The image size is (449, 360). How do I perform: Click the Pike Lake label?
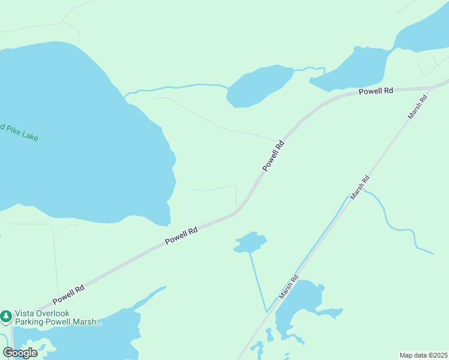point(19,133)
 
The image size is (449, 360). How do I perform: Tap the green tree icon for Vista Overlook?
point(6,316)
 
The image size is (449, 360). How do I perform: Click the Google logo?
point(20,352)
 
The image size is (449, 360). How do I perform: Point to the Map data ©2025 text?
point(423,355)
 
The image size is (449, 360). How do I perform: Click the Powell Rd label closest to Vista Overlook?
point(68,293)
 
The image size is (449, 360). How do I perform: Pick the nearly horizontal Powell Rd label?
point(376,91)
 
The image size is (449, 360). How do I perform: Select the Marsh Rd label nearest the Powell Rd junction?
point(417,106)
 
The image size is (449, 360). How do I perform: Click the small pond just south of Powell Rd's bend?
point(250,242)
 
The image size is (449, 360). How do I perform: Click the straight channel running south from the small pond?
point(258,282)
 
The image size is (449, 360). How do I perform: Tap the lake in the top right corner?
point(420,33)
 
